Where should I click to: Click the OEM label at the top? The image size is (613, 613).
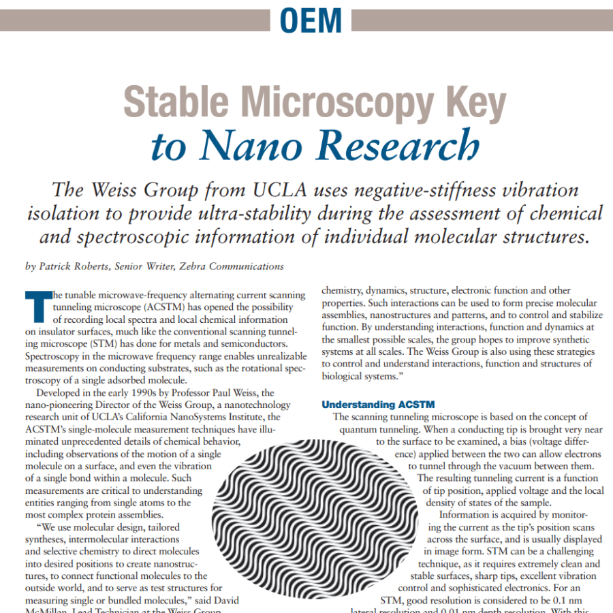[311, 20]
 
